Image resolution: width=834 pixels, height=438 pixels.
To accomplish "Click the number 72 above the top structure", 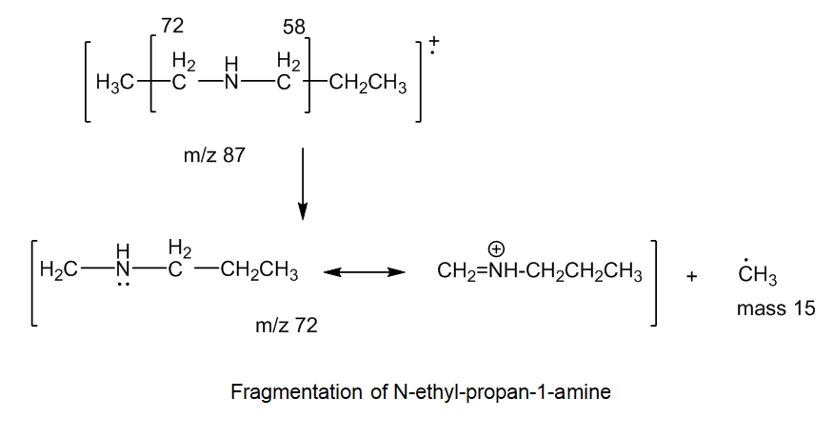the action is (172, 26).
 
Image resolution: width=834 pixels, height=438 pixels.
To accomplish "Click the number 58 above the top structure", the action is (294, 27).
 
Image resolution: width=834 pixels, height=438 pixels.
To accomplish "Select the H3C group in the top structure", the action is (114, 83).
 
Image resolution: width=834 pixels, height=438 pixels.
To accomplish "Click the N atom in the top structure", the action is (231, 83).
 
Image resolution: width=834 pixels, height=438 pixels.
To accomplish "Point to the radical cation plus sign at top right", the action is (434, 41).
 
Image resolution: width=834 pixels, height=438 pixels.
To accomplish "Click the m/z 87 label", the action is (214, 155).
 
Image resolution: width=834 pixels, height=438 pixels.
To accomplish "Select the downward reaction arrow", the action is (303, 184).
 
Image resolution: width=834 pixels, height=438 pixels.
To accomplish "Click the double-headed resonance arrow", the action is (365, 272).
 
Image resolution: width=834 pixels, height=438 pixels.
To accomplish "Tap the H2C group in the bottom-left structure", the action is (58, 270).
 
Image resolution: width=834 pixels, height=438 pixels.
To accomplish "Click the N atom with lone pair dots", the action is (123, 270).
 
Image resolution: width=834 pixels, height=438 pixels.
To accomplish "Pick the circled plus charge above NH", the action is (496, 249).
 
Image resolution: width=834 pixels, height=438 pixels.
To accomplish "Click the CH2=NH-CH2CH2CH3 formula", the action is (540, 271).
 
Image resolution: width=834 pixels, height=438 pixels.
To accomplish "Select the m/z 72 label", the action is (287, 325).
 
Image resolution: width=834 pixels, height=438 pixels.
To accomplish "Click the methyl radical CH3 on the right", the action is (758, 273).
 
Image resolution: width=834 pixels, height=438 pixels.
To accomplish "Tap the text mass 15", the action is (776, 309).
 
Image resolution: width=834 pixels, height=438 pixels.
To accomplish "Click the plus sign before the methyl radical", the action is (691, 276).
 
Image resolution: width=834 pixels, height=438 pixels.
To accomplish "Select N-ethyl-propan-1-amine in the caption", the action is (502, 392).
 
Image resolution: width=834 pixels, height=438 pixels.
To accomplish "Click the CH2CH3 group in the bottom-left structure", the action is (259, 270).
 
